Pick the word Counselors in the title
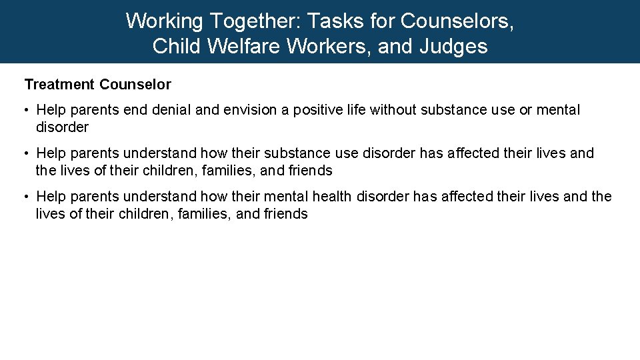pos(457,21)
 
